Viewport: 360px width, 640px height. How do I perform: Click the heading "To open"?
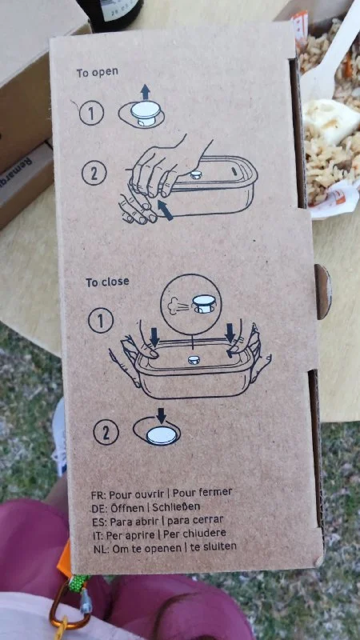pyautogui.click(x=97, y=73)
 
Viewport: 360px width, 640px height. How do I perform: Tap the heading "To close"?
pyautogui.click(x=107, y=282)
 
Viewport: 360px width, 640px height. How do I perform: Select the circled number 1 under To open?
pyautogui.click(x=91, y=113)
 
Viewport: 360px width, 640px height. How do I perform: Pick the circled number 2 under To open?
pyautogui.click(x=94, y=174)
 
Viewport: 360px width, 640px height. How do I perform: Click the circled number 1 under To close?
pyautogui.click(x=101, y=322)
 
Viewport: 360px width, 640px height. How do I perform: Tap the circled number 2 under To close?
pyautogui.click(x=106, y=432)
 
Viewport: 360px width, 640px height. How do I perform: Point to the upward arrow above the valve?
pyautogui.click(x=146, y=92)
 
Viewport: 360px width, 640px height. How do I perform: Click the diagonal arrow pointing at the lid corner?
pyautogui.click(x=166, y=210)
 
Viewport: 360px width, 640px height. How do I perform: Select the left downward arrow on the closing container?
pyautogui.click(x=154, y=337)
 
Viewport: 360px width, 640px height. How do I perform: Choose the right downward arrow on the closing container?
pyautogui.click(x=230, y=332)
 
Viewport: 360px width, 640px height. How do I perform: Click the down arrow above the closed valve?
pyautogui.click(x=162, y=415)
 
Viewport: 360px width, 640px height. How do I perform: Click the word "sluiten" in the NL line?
pyautogui.click(x=222, y=546)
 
